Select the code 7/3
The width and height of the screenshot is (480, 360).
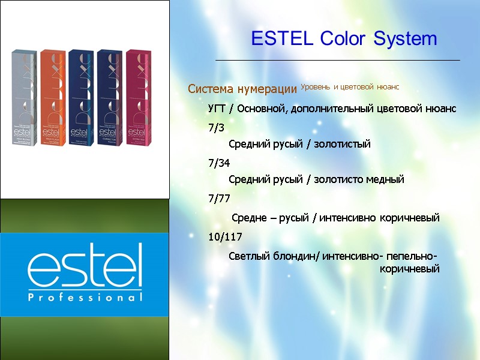(215, 127)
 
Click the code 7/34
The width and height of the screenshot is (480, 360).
(218, 163)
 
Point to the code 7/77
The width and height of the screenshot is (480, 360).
(218, 198)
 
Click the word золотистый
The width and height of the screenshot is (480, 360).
(342, 144)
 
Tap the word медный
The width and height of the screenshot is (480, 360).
(386, 179)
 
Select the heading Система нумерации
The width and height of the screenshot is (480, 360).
(242, 89)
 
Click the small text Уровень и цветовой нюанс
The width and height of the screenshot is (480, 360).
(349, 87)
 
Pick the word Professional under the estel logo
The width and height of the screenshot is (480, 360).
(85, 298)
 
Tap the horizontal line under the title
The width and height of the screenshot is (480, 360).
(337, 61)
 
